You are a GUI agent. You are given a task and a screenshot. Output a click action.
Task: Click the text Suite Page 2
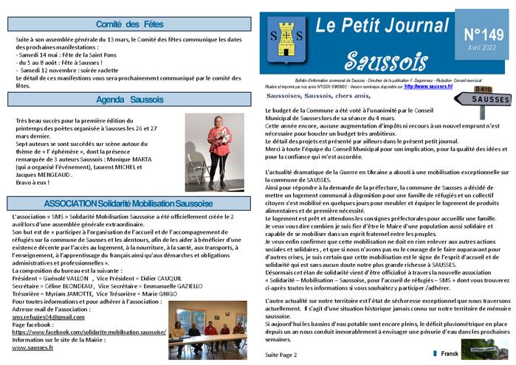pos(281,354)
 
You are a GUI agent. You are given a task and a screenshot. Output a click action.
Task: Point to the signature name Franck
pos(450,353)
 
